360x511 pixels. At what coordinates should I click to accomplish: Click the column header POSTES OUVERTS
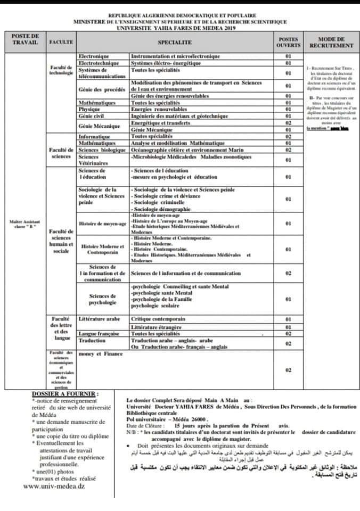(289, 42)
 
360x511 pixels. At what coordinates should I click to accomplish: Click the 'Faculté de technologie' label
(61, 70)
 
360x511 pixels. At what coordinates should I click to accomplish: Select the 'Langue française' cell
(99, 333)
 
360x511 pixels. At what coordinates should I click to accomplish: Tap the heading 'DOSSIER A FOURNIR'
(66, 394)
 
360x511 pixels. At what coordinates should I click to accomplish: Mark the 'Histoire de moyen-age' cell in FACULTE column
(102, 224)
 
